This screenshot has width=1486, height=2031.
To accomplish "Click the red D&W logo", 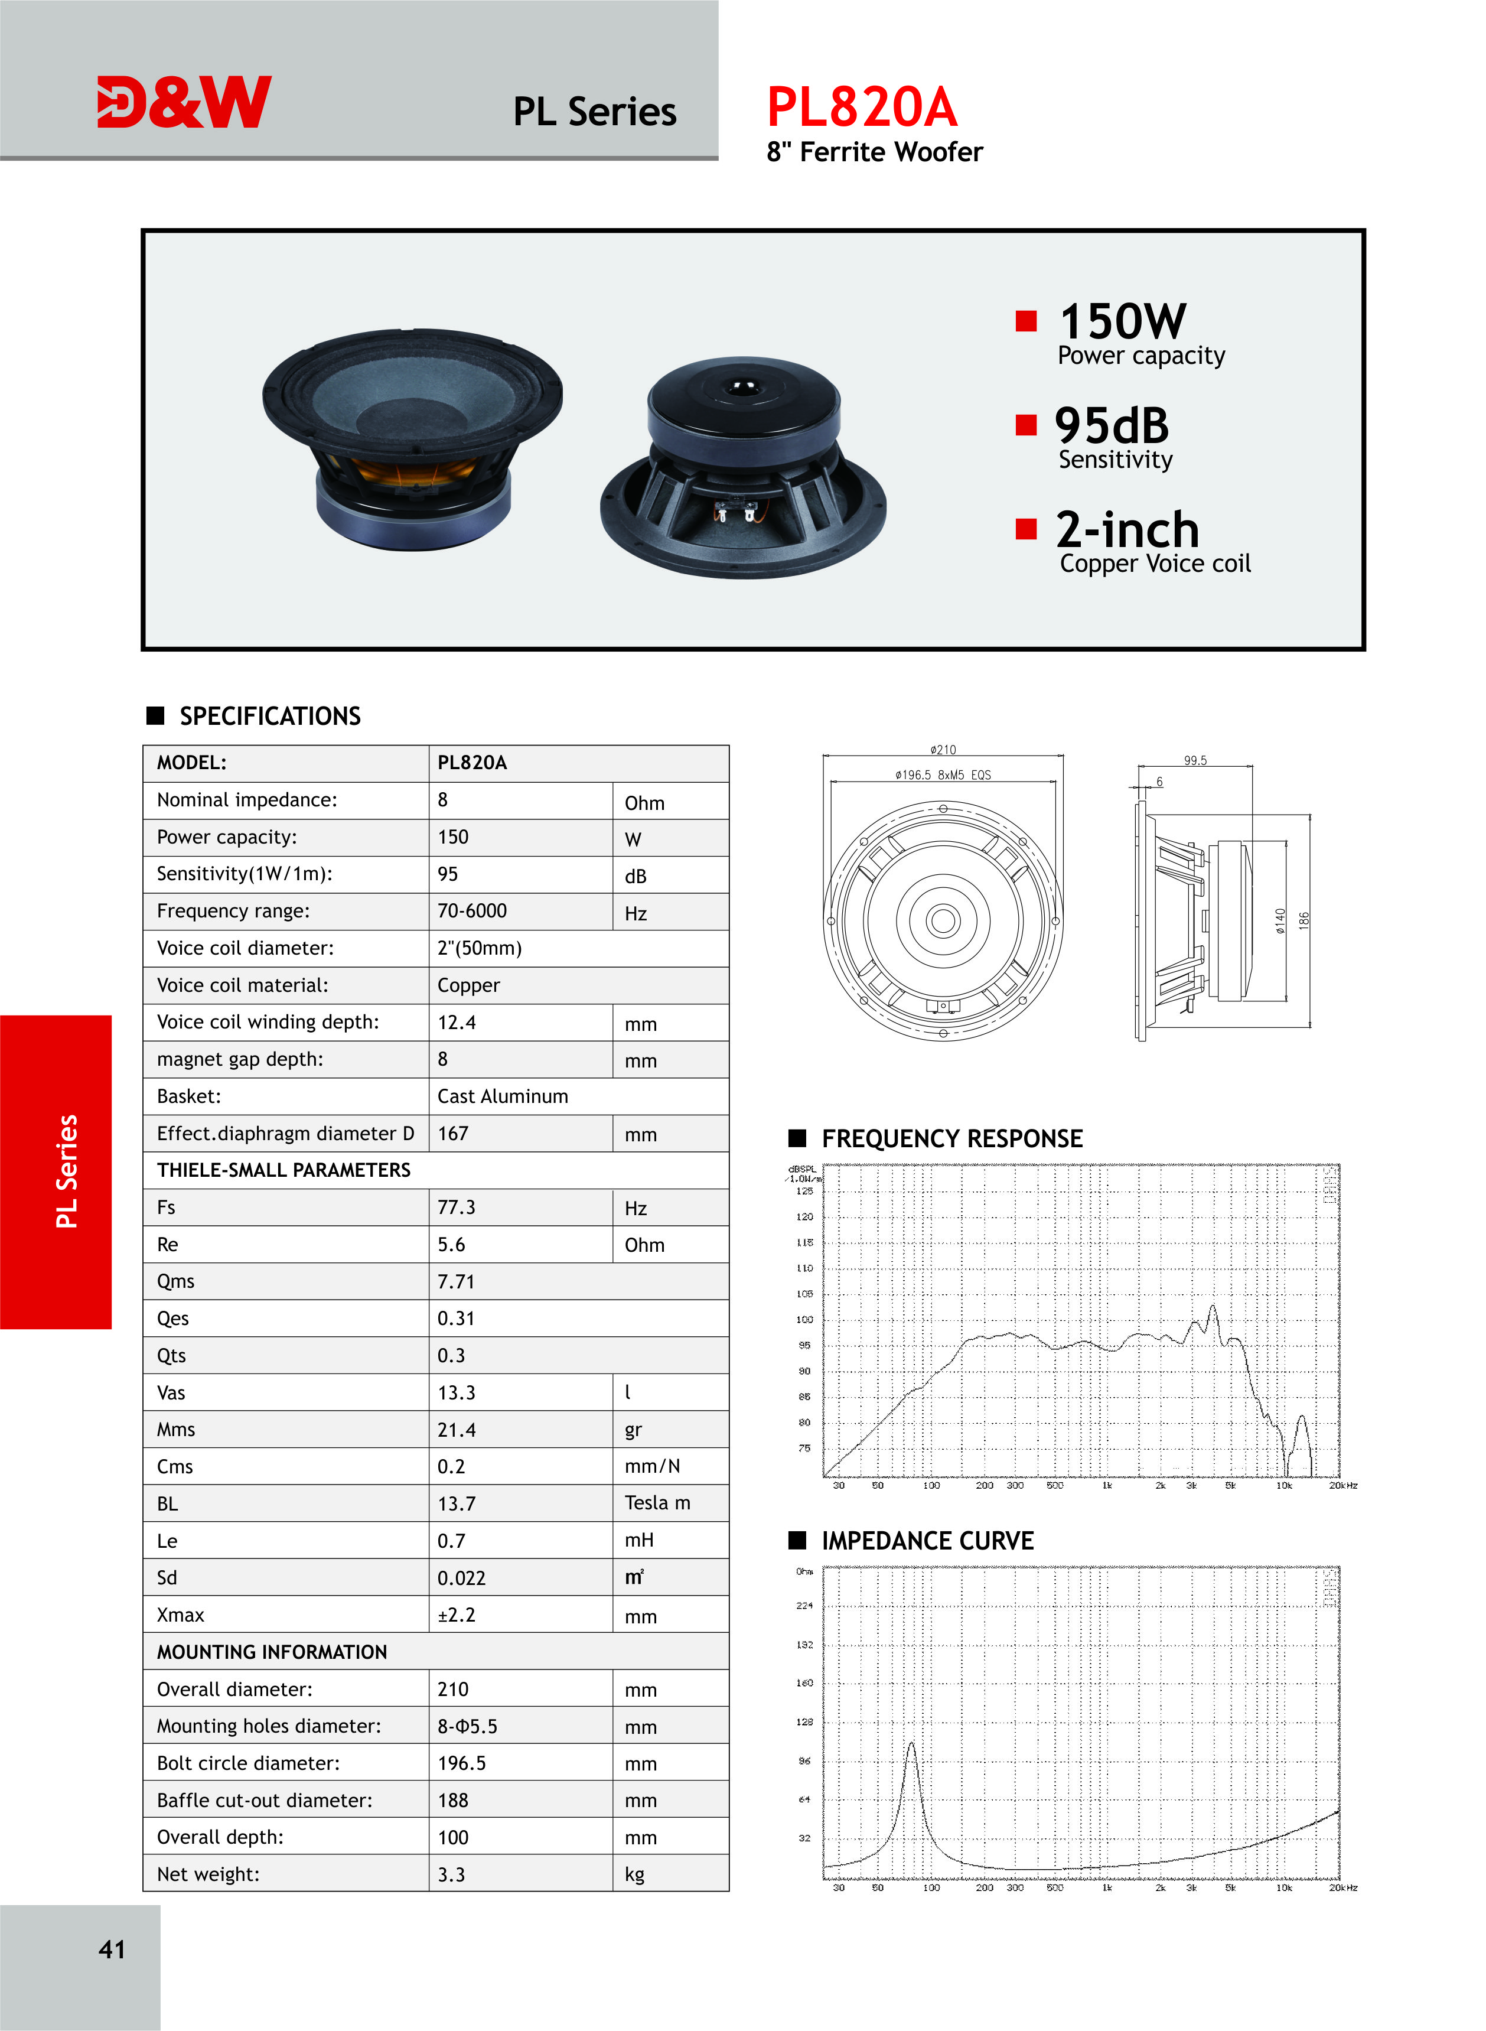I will point(184,102).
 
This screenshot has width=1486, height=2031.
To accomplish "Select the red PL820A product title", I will point(861,107).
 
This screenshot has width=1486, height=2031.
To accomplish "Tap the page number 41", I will point(112,1949).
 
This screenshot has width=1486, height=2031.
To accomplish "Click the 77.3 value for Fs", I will point(456,1207).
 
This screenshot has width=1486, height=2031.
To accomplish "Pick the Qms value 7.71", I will point(455,1281).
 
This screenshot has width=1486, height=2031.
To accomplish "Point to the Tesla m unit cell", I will point(657,1503).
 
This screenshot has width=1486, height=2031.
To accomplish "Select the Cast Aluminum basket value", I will point(503,1096).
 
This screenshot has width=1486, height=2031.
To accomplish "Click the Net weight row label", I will point(208,1874).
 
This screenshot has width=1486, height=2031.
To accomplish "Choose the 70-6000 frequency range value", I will point(472,910).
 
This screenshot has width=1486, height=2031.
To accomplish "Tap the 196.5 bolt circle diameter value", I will point(461,1763).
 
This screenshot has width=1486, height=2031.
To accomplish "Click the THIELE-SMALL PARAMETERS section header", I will point(283,1169).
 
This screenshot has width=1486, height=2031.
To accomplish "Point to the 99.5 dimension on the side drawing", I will point(1195,760).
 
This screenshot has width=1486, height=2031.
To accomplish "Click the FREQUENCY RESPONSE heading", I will point(951,1139).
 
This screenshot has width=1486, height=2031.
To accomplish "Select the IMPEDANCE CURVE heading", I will point(927,1541).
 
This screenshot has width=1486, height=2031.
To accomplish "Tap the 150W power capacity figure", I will point(1123,321).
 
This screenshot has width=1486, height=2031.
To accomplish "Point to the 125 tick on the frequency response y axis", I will point(804,1191).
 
